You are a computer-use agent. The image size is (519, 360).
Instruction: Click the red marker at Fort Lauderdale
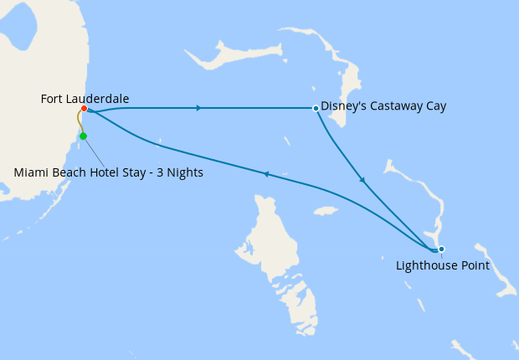point(85,108)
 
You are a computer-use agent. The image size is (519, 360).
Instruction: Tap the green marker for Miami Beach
point(83,136)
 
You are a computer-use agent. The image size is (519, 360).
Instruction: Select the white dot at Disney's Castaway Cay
point(315,108)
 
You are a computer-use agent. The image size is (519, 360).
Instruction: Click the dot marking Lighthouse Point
point(441,249)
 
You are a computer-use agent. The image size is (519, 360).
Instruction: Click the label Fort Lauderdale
point(85,99)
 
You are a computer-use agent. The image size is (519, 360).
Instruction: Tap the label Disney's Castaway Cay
point(383,106)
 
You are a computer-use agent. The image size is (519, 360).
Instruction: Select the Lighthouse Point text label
point(442,265)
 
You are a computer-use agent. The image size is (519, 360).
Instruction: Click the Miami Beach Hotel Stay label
point(108,172)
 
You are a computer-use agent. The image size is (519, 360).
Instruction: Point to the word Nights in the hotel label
point(184,172)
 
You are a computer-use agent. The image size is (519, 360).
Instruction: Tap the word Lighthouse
point(425,265)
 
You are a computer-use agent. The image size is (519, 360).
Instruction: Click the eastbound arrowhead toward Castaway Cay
point(198,108)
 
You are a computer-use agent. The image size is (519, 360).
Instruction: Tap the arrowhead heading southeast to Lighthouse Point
point(362,179)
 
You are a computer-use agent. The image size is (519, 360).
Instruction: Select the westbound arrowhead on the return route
point(265,174)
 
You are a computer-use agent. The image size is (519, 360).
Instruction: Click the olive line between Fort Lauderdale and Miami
point(80,122)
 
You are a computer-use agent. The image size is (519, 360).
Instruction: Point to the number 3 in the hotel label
point(158,172)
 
